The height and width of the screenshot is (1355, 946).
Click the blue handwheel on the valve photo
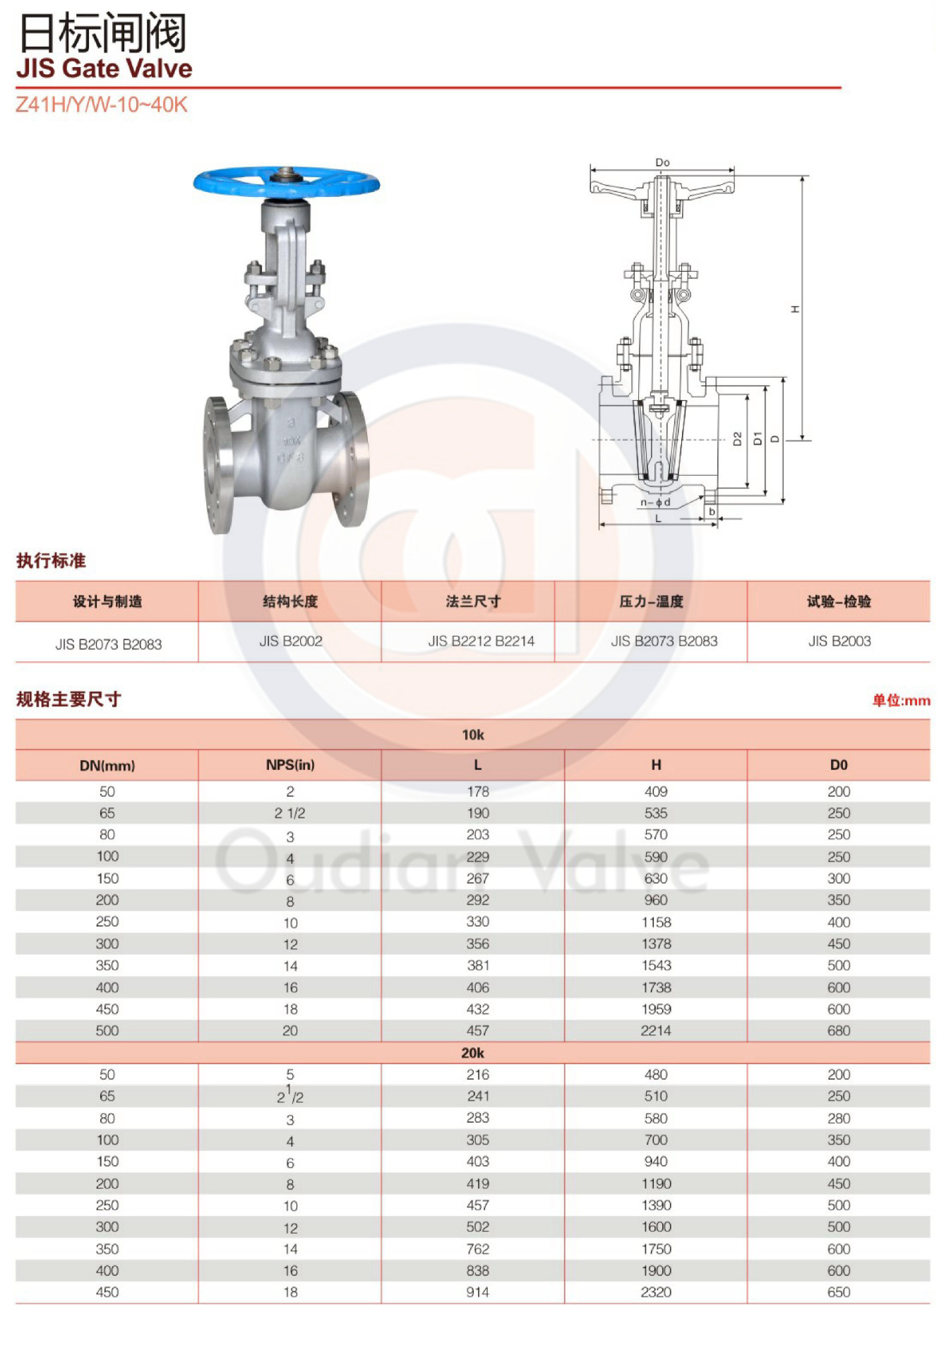(287, 182)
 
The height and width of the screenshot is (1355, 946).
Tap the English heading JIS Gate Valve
(104, 68)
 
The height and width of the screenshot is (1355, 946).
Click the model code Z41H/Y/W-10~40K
(102, 104)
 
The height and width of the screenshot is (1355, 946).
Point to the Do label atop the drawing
(662, 162)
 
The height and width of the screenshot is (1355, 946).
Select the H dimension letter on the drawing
(796, 309)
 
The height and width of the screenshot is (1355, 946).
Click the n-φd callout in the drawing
(655, 502)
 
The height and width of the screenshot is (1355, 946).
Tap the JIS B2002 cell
(290, 641)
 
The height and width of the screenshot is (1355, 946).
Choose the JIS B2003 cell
(839, 641)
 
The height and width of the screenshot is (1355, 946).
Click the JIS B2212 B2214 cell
(481, 641)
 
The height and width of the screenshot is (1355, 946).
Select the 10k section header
(473, 735)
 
